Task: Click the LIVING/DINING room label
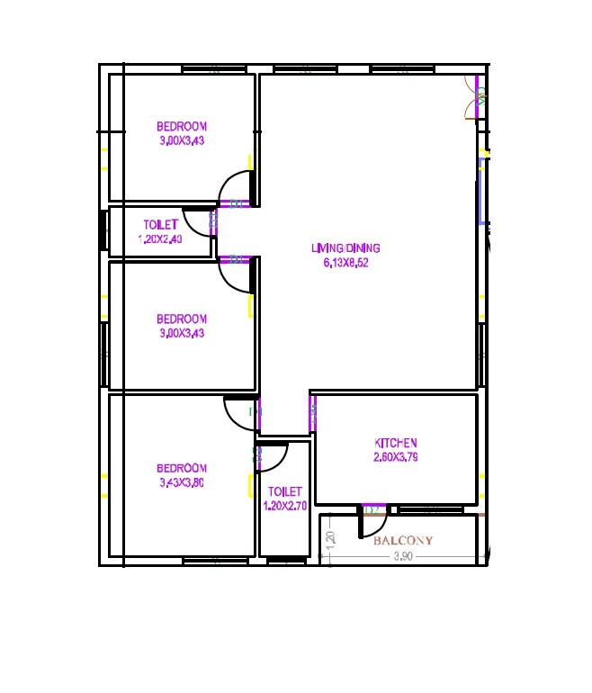pos(345,248)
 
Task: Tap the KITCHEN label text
pos(396,443)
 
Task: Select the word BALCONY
pos(403,541)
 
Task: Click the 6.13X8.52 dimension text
pos(345,263)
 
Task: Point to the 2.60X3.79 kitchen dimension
pos(396,457)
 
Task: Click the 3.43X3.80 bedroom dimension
pos(182,482)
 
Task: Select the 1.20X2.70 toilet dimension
pos(285,506)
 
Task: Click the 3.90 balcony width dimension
pos(404,557)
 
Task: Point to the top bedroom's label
pos(182,126)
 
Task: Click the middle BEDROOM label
pos(182,319)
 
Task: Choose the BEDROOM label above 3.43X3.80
pos(182,468)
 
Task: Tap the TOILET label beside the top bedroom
pos(161,224)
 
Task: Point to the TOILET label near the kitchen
pos(285,491)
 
